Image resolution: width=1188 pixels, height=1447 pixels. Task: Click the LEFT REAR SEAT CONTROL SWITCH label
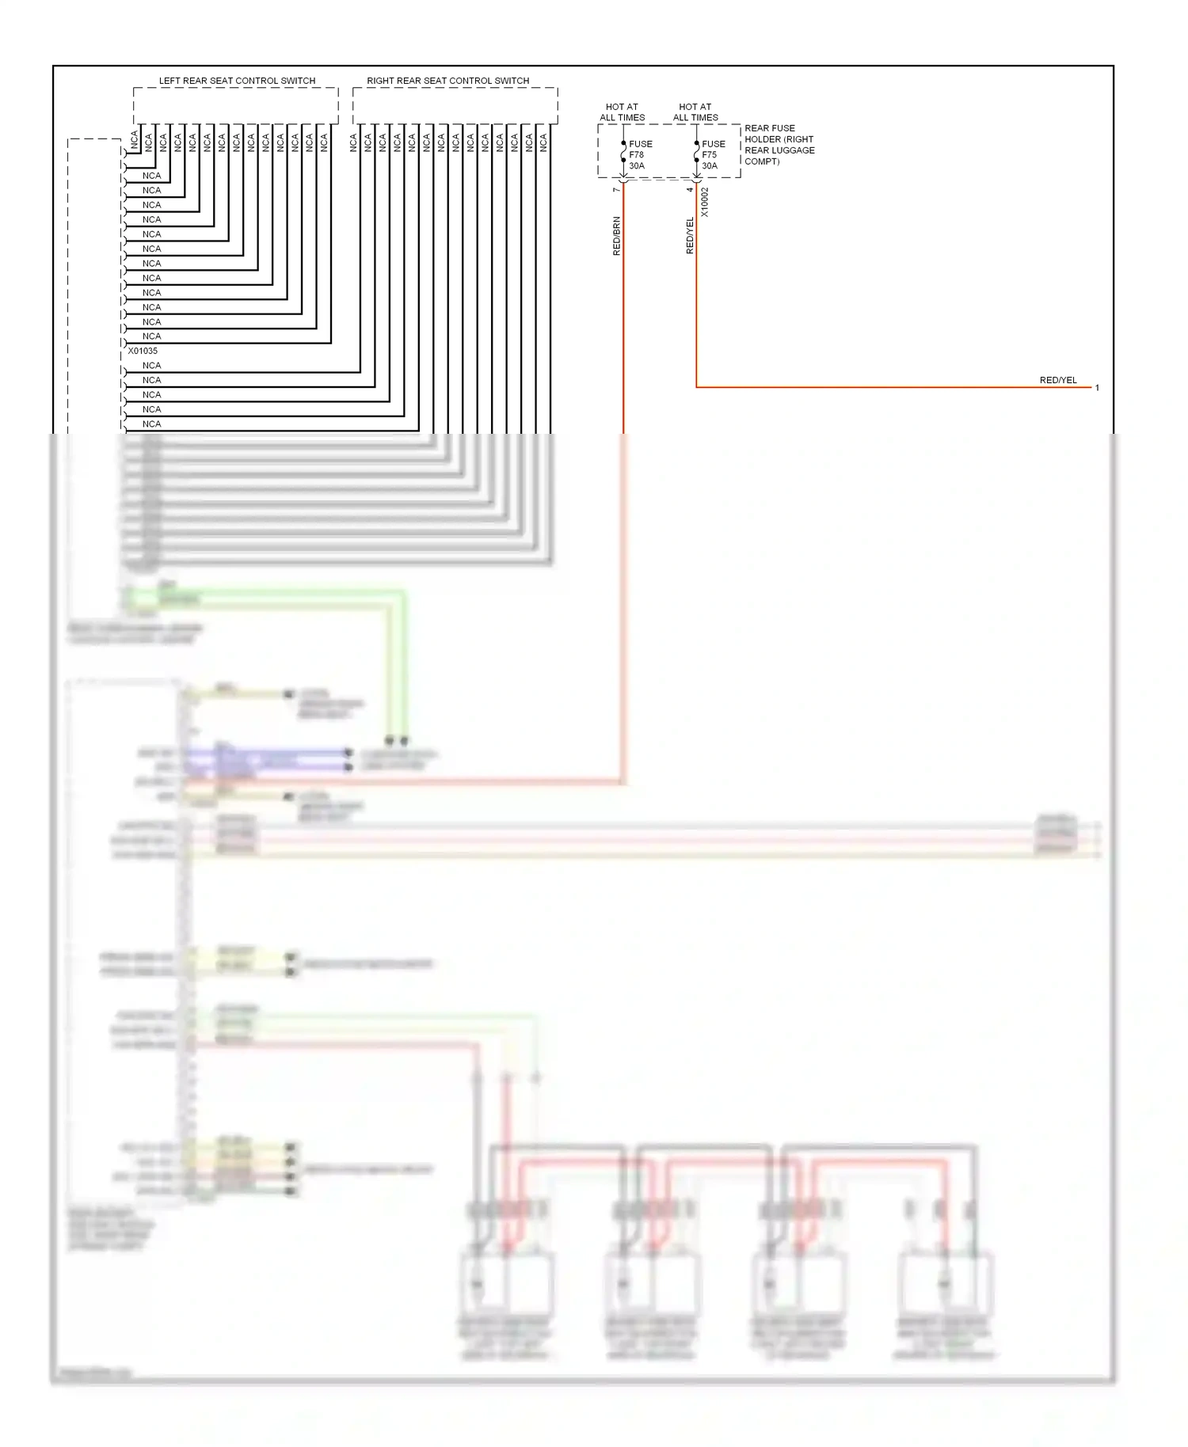coord(237,81)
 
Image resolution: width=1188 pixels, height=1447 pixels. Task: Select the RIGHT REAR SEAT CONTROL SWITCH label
coord(447,81)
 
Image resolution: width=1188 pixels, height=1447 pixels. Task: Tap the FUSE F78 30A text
coord(640,155)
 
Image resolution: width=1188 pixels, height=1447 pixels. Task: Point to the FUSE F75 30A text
coord(713,155)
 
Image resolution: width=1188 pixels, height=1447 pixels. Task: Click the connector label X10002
coord(705,203)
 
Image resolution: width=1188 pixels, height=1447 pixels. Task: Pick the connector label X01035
coord(143,351)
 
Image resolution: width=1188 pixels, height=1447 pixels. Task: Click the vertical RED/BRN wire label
coord(617,236)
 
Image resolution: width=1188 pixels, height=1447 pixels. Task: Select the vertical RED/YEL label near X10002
coord(690,236)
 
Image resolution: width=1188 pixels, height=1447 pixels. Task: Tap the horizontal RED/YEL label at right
coord(1057,381)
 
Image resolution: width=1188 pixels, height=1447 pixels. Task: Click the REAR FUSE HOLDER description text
coord(779,145)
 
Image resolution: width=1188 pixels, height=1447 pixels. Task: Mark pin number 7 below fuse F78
coord(616,190)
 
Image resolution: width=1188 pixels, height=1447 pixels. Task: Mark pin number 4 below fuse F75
coord(689,190)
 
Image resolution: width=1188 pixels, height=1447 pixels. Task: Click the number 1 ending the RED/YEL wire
coord(1097,388)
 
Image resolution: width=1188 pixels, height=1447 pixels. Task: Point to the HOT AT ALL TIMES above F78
coord(622,112)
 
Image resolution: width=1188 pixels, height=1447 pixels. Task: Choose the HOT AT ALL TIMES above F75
coord(695,112)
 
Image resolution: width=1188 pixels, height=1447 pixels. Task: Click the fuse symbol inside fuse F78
coord(623,152)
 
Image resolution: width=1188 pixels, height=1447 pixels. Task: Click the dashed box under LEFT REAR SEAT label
coord(235,105)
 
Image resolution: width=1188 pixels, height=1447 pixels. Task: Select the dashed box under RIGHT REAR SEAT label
coord(455,105)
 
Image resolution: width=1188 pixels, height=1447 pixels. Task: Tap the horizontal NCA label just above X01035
coord(151,336)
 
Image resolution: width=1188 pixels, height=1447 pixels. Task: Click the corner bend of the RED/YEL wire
coord(696,387)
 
